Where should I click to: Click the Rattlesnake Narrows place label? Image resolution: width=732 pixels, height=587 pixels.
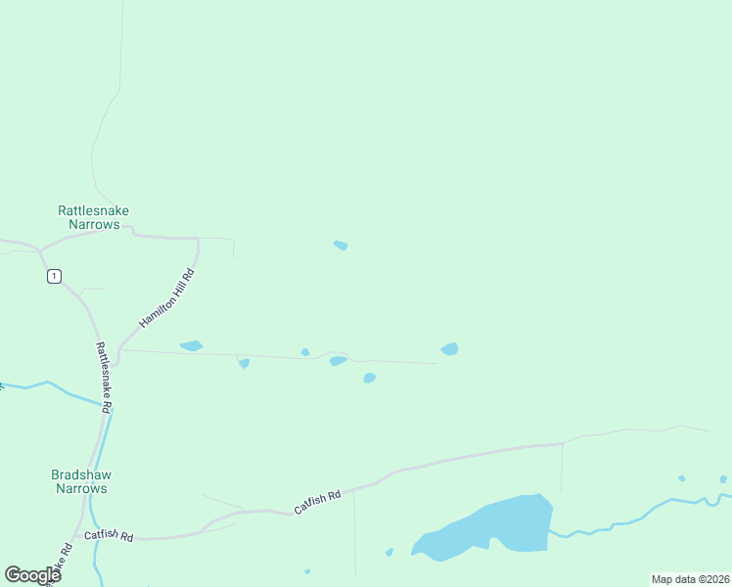94,217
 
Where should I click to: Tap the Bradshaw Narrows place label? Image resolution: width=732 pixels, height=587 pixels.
80,481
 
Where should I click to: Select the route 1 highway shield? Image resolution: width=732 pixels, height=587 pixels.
54,276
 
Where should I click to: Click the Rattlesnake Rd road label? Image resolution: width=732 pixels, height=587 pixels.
103,377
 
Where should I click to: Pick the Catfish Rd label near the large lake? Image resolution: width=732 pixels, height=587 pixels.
318,503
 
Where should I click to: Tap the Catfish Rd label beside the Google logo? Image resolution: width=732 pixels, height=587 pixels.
109,536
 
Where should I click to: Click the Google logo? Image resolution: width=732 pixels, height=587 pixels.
33,574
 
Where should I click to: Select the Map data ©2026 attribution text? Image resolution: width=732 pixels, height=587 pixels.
690,579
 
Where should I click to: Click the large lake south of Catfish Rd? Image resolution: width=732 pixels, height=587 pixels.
489,528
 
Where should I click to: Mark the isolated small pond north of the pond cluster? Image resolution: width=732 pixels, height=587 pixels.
341,245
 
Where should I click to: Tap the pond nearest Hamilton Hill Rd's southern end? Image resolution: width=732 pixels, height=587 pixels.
191,345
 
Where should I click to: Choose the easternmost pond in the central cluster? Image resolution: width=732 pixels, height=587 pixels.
449,349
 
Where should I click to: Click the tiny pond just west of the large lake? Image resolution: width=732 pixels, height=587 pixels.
389,552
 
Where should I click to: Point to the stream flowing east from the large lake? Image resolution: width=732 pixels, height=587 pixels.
626,516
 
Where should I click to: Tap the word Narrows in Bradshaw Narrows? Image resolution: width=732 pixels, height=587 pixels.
80,488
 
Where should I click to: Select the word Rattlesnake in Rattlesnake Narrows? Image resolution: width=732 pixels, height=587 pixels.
94,210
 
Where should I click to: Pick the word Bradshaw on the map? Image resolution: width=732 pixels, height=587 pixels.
80,474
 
